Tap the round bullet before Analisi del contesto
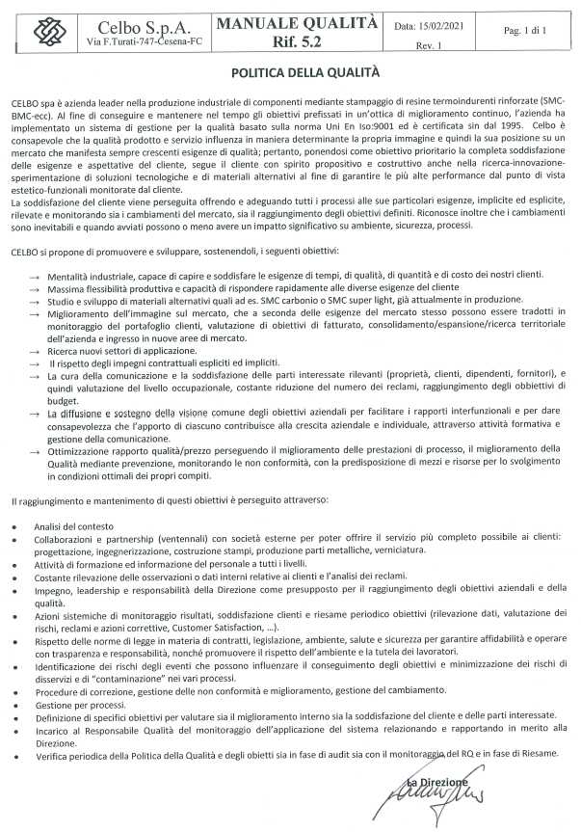point(14,525)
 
